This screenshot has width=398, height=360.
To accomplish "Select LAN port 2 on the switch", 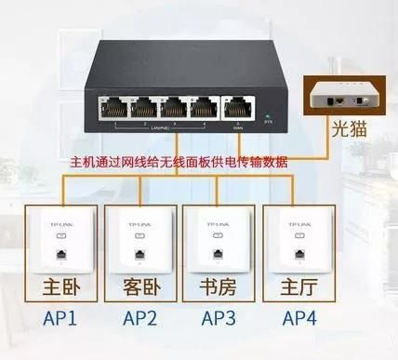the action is pyautogui.click(x=147, y=104).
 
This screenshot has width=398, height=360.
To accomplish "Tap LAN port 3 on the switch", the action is pyautogui.click(x=174, y=104).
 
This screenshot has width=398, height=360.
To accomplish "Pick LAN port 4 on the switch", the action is pyautogui.click(x=201, y=104).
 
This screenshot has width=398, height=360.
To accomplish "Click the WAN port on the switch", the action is pyautogui.click(x=233, y=104).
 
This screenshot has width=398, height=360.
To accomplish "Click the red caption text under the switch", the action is pyautogui.click(x=180, y=161).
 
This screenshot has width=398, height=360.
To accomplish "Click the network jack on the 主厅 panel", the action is pyautogui.click(x=298, y=252).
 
